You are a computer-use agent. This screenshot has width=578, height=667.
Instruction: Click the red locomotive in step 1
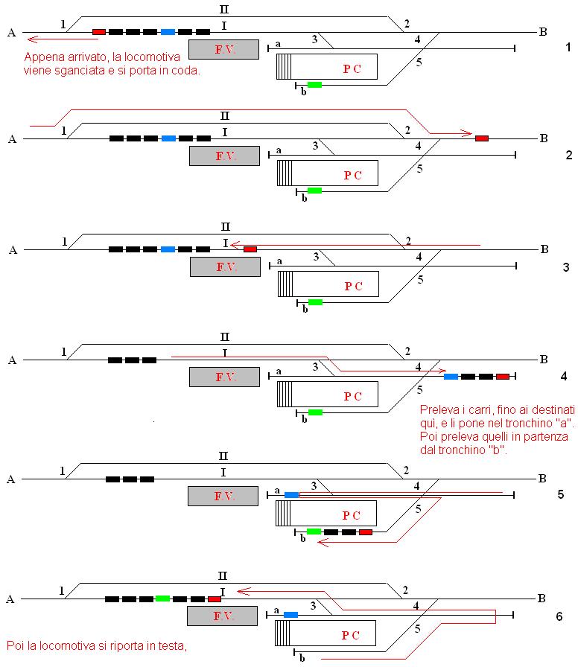99,32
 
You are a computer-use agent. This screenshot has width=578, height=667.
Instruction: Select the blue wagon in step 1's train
168,32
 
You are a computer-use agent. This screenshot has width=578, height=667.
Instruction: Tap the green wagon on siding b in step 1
314,85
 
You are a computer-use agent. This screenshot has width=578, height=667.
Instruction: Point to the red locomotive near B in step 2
482,138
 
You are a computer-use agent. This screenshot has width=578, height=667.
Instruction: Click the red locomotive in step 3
250,249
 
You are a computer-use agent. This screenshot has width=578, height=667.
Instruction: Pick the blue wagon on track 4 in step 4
451,377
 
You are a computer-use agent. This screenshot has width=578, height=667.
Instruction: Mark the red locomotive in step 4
503,377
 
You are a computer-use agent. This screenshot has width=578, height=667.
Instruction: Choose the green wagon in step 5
314,532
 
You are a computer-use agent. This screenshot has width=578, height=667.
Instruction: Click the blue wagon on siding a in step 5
291,495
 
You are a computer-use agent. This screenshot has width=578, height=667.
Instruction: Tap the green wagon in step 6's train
163,599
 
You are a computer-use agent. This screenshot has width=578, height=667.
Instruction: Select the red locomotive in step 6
215,599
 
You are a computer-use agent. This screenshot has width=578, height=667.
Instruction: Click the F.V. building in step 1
223,50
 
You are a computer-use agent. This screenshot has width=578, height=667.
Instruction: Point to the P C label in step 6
350,636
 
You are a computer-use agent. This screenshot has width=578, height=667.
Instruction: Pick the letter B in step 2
544,138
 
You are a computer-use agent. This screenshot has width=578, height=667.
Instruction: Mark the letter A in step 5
11,480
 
